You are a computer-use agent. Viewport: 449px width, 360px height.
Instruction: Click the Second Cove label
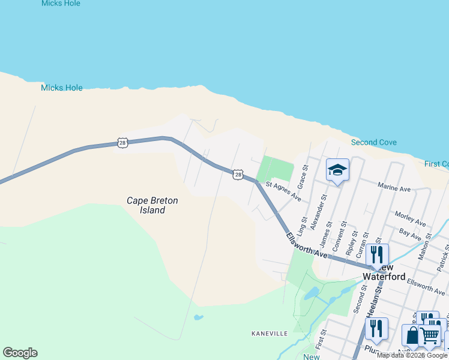373,142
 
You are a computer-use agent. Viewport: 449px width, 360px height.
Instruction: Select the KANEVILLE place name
270,333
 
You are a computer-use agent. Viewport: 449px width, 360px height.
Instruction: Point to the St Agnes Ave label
283,190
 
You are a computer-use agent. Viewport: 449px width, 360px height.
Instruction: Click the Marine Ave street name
394,189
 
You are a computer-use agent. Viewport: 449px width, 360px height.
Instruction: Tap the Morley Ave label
410,219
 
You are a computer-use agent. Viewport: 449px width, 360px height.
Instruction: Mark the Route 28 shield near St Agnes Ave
238,175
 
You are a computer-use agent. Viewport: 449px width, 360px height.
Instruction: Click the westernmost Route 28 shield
122,143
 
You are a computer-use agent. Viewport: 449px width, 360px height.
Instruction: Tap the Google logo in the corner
20,353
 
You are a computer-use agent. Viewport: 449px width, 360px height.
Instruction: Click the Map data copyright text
412,355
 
